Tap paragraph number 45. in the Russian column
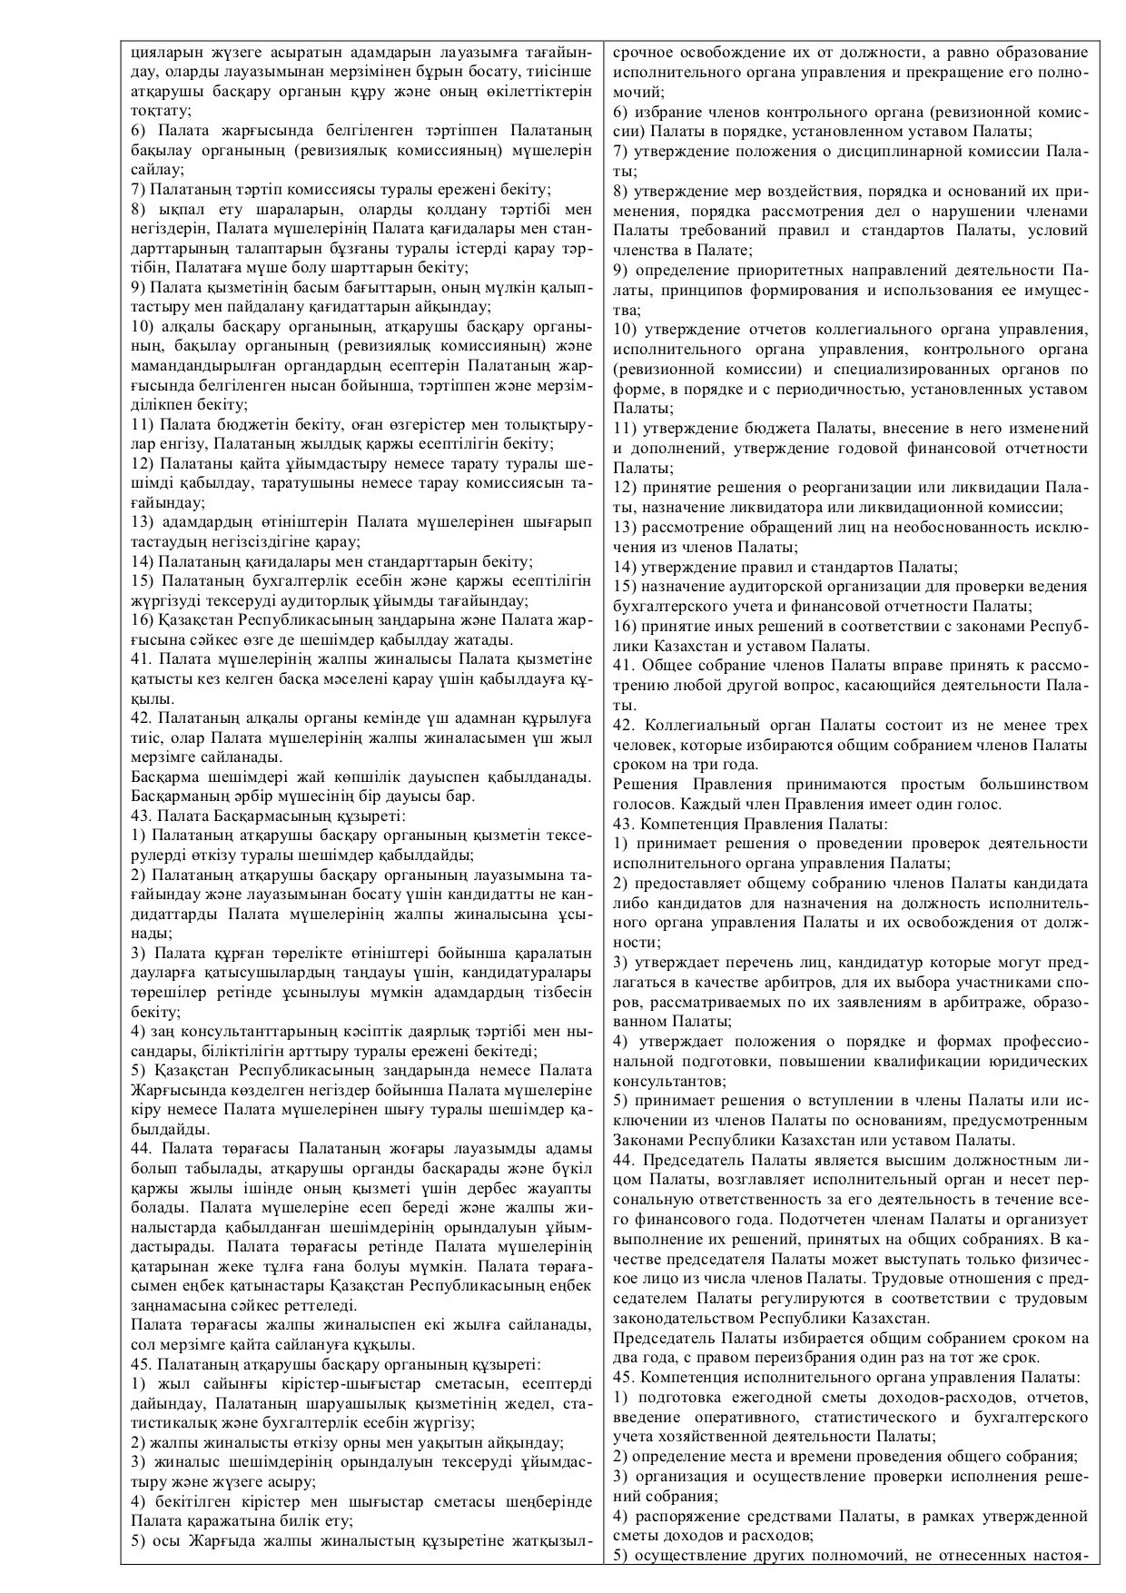tap(624, 1377)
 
